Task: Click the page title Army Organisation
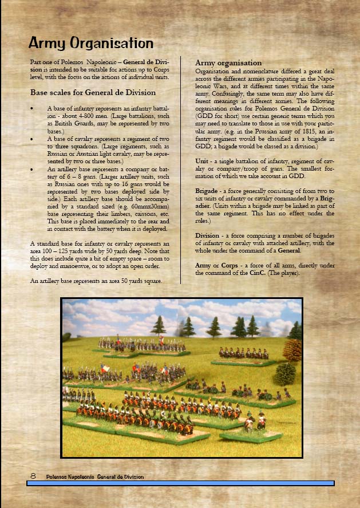(x=91, y=43)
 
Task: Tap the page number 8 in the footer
(x=33, y=476)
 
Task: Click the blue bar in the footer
(x=180, y=484)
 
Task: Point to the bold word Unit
(x=204, y=162)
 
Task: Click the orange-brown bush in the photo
(x=292, y=350)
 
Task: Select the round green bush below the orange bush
(x=284, y=374)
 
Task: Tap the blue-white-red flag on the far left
(x=105, y=368)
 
